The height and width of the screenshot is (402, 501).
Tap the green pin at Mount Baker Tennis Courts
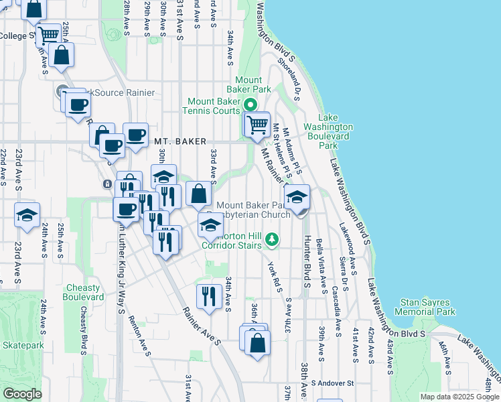[251, 105]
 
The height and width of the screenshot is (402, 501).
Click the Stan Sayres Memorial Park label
[425, 307]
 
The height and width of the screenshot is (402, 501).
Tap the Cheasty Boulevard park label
[84, 292]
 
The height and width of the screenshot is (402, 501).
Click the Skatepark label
[23, 345]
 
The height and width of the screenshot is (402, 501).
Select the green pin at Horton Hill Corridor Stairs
[272, 239]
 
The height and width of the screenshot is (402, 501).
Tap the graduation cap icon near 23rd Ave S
[27, 215]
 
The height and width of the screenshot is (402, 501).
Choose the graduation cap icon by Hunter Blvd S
[297, 197]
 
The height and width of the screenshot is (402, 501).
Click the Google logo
[23, 394]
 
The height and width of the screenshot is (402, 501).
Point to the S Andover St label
[332, 383]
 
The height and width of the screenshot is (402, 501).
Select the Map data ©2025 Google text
[459, 397]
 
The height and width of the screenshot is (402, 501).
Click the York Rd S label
[275, 275]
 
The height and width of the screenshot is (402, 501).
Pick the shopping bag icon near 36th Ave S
[257, 343]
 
